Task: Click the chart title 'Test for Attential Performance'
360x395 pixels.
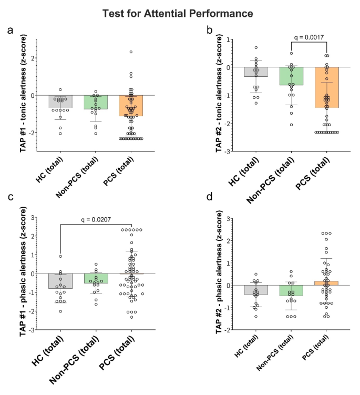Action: click(x=180, y=12)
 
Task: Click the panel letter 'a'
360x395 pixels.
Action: click(x=10, y=31)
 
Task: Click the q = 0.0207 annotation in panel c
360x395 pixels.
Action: click(x=96, y=220)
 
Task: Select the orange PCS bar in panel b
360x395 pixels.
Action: click(x=327, y=87)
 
